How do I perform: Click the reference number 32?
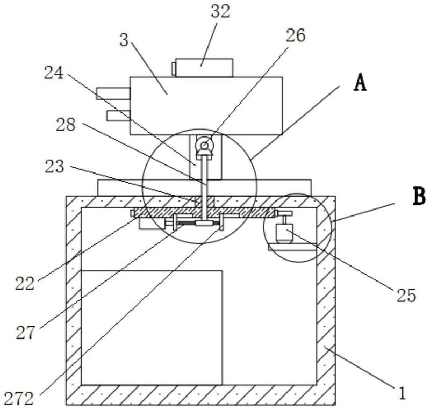220,12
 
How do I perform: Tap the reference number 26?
295,35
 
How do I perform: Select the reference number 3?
124,40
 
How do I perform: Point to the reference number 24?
54,73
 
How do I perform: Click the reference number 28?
66,125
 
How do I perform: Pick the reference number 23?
55,167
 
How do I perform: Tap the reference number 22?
25,283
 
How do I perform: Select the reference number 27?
26,333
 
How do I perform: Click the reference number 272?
19,399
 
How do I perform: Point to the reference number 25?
406,296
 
